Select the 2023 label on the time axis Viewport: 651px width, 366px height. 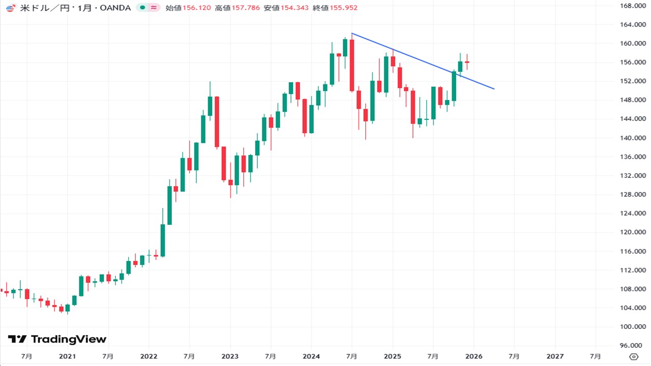[230, 356]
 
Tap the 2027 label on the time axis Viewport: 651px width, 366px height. [555, 356]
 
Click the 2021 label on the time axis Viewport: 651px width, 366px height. [67, 356]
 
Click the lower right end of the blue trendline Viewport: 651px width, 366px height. [494, 89]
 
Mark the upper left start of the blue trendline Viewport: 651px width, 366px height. [352, 33]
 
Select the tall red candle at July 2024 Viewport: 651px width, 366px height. [352, 65]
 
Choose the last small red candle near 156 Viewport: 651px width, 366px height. [467, 62]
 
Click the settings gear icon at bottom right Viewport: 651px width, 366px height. [634, 356]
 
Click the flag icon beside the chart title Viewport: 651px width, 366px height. [10, 8]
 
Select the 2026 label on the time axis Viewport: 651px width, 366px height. [474, 356]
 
